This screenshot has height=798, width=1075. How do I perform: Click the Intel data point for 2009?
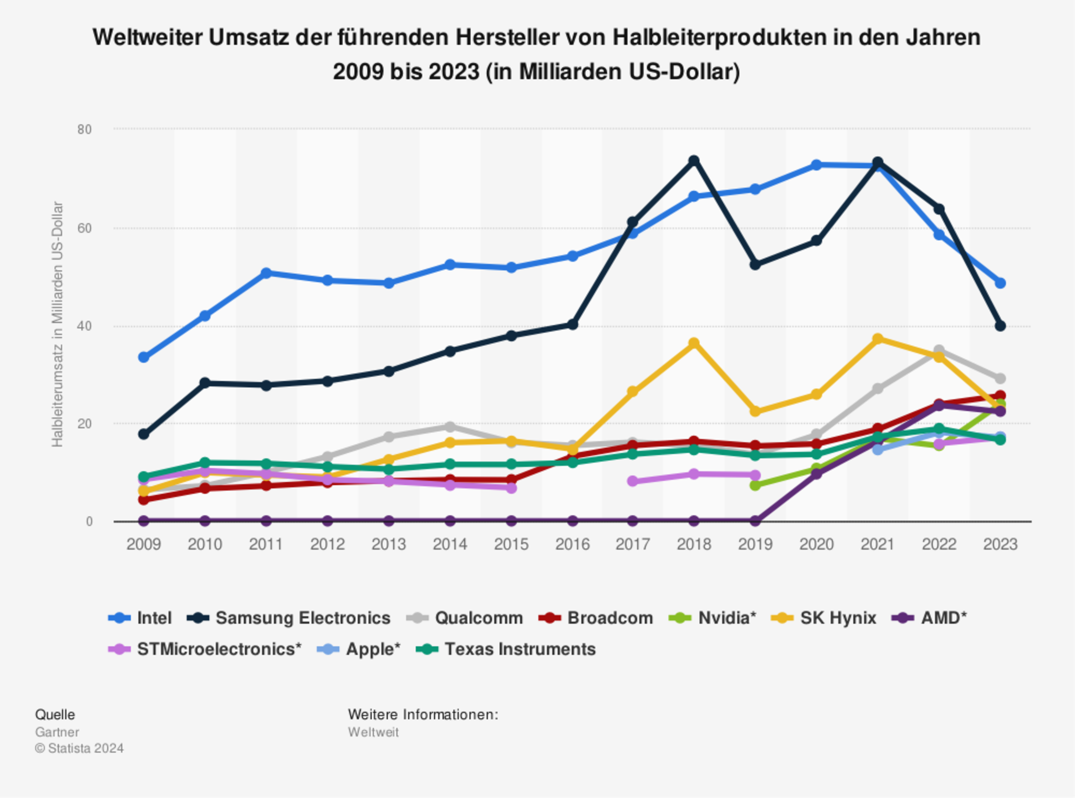[143, 357]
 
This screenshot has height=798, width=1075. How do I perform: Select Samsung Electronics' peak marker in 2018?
[694, 161]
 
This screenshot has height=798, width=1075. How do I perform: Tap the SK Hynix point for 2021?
[878, 339]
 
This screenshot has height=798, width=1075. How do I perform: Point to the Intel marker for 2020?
[816, 165]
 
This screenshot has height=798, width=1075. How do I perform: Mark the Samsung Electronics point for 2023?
[1000, 326]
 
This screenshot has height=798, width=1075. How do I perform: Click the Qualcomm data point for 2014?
[450, 427]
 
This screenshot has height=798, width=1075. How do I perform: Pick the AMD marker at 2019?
[755, 521]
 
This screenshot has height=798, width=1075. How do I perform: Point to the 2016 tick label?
[572, 544]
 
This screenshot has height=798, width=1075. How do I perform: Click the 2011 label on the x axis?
[266, 544]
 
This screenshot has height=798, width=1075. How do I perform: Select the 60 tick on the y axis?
[85, 228]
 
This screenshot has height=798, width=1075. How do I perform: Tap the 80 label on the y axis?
[85, 130]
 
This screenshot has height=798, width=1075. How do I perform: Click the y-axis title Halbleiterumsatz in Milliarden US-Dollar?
[57, 324]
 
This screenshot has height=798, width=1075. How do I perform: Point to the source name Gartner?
[57, 732]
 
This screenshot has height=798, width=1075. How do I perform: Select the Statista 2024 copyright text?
[80, 748]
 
